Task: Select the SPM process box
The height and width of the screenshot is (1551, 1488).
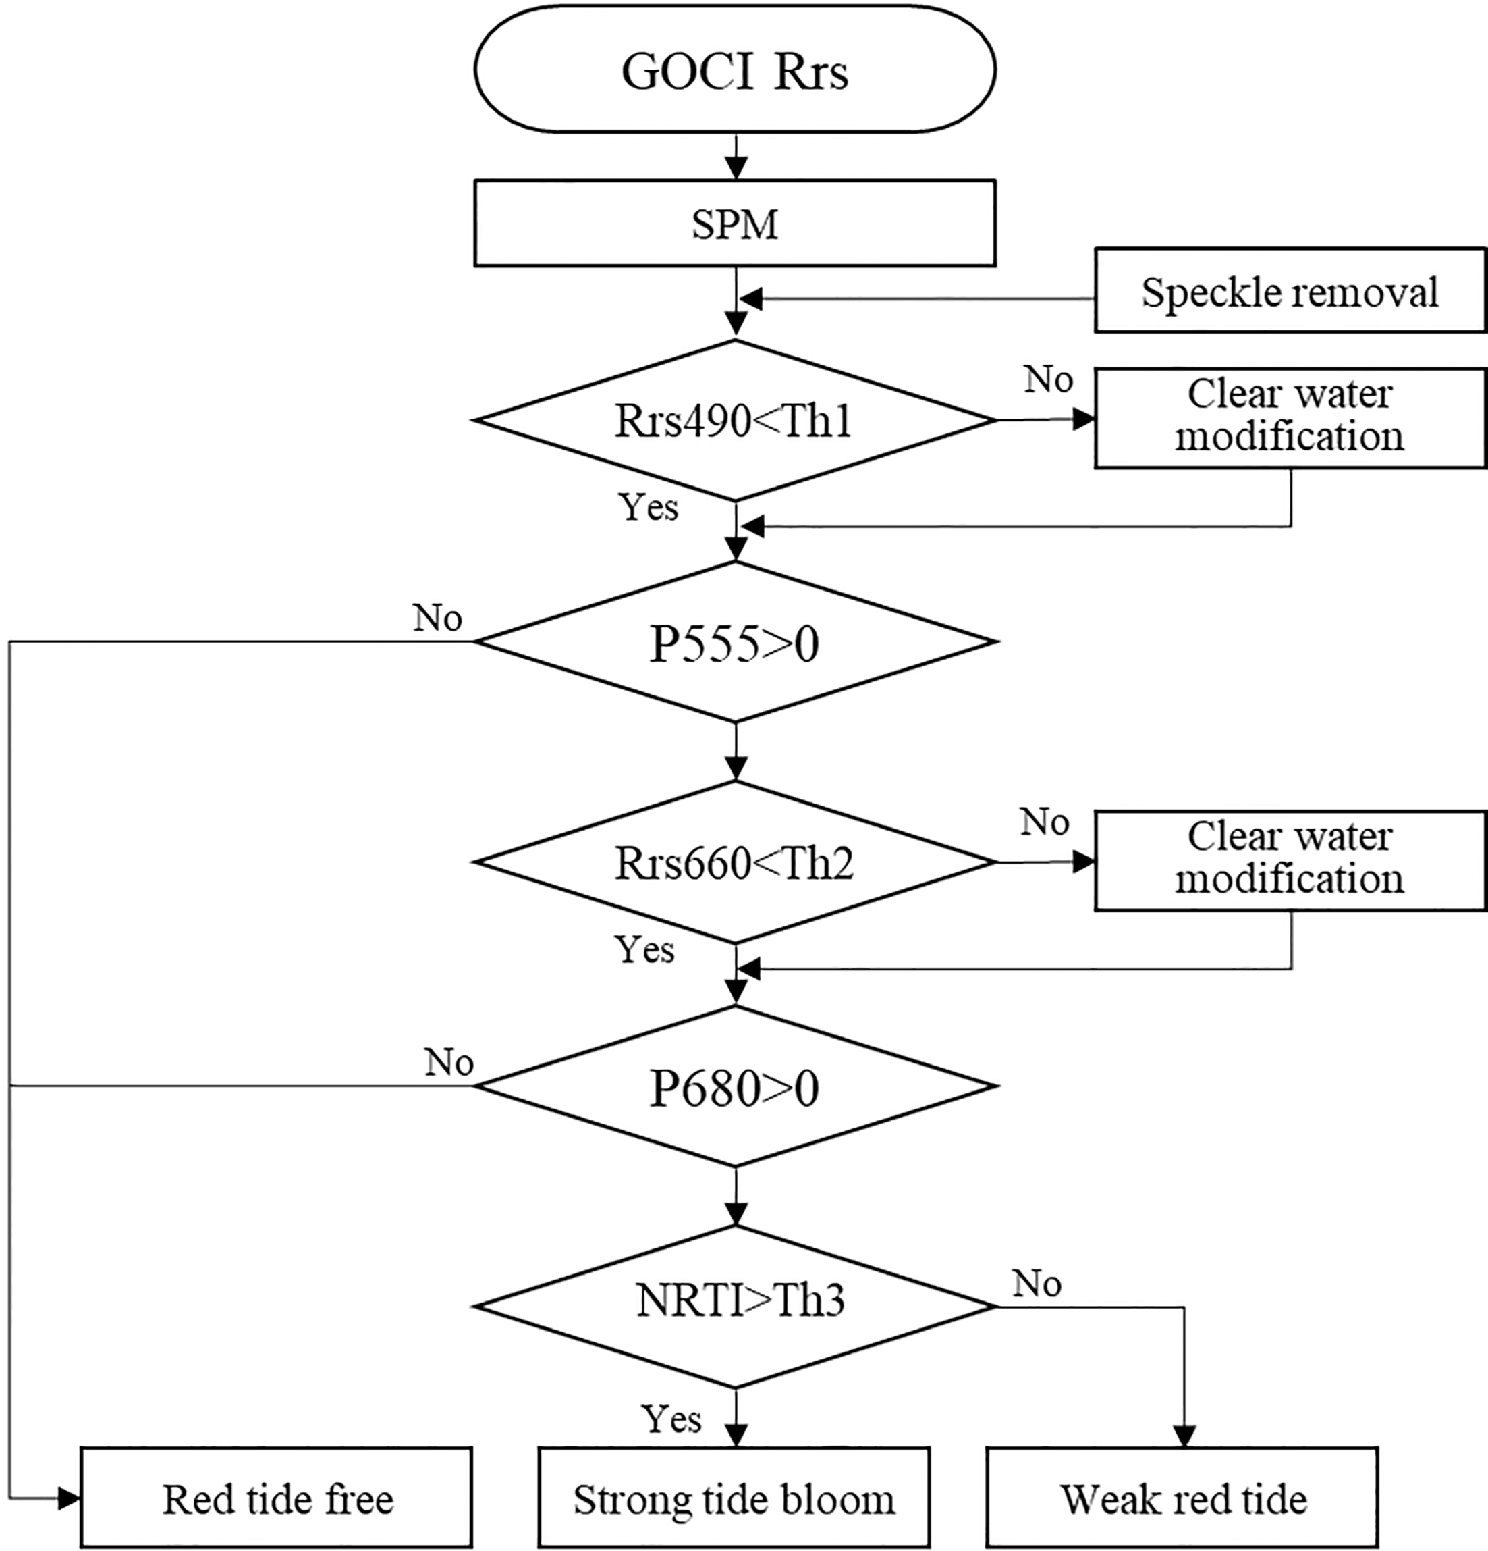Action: pos(734,224)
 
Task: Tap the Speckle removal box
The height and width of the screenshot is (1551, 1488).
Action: pos(1290,291)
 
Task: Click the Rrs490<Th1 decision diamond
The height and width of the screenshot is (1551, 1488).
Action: pos(734,420)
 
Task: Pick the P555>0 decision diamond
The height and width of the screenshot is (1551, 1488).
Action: pos(734,641)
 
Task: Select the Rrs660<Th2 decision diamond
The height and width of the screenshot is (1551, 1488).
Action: pos(734,862)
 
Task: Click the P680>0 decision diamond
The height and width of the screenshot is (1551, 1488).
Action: pos(734,1086)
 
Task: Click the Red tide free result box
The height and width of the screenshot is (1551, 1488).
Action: pos(277,1498)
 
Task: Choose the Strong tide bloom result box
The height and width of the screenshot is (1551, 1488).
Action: pos(734,1498)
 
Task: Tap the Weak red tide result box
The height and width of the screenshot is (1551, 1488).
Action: pos(1183,1498)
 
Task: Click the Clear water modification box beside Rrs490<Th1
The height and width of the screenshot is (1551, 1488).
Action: pos(1290,417)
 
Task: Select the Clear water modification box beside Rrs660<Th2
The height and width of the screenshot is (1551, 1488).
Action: pos(1290,860)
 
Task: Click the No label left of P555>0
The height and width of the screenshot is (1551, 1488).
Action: pos(437,617)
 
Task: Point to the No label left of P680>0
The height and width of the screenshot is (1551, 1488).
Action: pos(449,1061)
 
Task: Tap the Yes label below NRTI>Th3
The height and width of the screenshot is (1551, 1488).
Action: pos(671,1419)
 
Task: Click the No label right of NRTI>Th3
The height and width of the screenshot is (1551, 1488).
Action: pos(1037,1283)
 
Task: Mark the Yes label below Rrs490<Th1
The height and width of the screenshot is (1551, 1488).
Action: pos(648,506)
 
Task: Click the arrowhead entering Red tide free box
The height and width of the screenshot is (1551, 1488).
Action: pos(70,1497)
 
